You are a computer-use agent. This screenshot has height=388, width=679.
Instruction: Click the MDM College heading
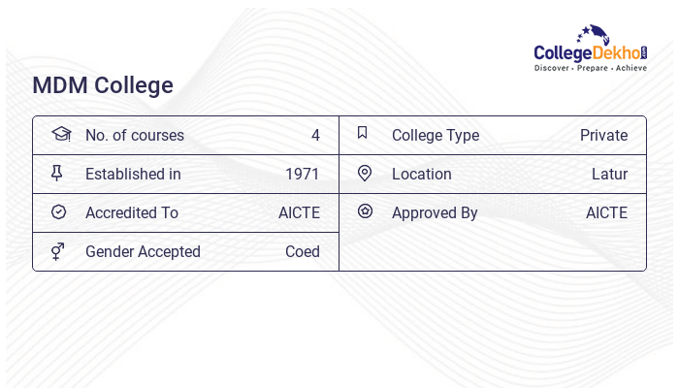(x=103, y=85)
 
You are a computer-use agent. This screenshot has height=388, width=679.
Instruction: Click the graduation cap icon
(x=60, y=134)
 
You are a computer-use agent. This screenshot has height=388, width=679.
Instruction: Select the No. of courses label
(x=134, y=136)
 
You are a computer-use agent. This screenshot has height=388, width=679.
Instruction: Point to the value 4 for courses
(x=315, y=136)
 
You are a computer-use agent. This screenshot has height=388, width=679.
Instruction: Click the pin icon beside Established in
(x=57, y=174)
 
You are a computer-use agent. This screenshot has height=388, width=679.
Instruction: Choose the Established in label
(x=133, y=175)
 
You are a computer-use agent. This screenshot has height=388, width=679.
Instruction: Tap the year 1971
(x=303, y=175)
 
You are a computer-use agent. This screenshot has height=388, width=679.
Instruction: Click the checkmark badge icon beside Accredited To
(x=58, y=212)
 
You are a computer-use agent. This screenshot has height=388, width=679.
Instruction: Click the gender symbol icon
(x=58, y=251)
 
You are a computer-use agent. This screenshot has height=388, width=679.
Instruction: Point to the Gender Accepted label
(x=143, y=252)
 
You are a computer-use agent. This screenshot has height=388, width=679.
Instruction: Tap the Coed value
(x=303, y=252)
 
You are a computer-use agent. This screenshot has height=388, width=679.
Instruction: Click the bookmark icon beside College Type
(x=362, y=134)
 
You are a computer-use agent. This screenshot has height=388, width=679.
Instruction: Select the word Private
(x=603, y=136)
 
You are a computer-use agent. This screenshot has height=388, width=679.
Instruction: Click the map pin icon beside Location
(x=365, y=174)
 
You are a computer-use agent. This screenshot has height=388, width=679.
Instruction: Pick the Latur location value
(x=609, y=175)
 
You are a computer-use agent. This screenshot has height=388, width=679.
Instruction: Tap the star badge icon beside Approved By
(x=365, y=211)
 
